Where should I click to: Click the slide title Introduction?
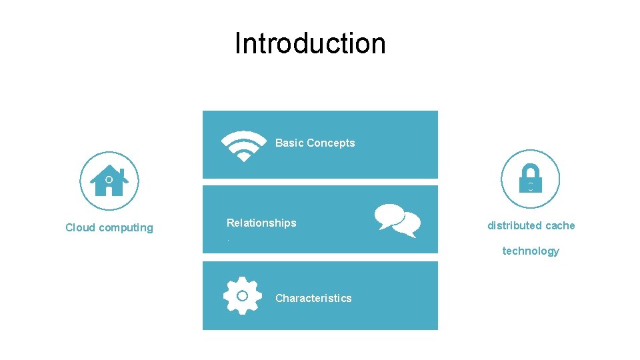click(x=310, y=44)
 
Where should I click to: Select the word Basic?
click(x=289, y=143)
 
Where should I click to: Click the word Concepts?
click(x=331, y=143)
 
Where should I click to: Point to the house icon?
click(x=109, y=181)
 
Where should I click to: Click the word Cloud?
click(x=80, y=227)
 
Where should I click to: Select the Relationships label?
click(x=261, y=223)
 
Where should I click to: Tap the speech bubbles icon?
click(x=397, y=219)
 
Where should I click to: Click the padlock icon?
click(x=530, y=179)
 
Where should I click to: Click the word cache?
click(x=561, y=225)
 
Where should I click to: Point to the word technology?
click(x=531, y=251)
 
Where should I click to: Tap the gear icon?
click(x=243, y=295)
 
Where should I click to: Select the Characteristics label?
click(x=313, y=298)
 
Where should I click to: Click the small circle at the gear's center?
click(x=243, y=295)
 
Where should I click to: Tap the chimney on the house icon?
click(x=122, y=172)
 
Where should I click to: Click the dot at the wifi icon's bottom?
click(x=243, y=157)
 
